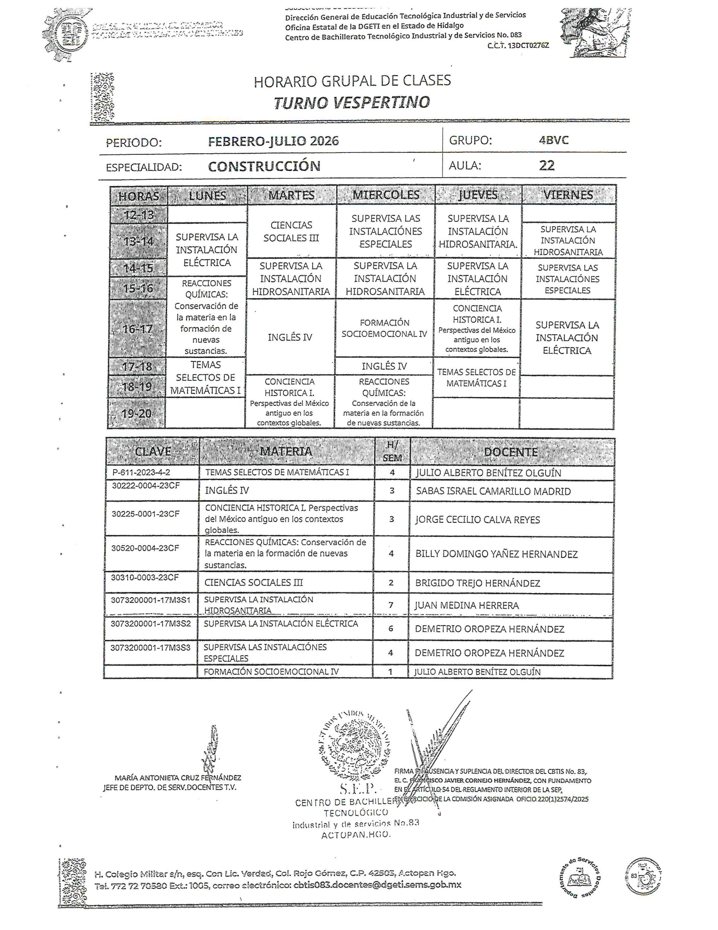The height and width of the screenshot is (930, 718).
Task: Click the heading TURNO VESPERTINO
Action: pos(351,102)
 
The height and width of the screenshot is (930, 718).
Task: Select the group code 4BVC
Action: pos(553,140)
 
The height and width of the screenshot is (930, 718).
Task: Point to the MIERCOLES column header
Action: pos(385,195)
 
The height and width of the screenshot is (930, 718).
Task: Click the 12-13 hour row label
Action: pos(139,215)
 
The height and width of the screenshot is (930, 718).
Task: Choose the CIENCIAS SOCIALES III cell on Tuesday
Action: pos(291,231)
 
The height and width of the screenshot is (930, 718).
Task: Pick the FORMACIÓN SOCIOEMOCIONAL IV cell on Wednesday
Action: pos(384,328)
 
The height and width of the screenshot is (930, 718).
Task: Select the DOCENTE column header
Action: pos(511,452)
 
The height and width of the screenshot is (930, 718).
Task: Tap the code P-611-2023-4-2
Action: pos(141,472)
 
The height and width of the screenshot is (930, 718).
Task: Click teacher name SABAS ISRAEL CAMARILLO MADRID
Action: pos(493,491)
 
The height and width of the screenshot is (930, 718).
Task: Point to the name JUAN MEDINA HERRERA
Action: pos(467,605)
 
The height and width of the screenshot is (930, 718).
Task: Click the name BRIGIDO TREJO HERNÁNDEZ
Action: pos(478,583)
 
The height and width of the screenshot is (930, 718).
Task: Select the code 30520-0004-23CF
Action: pos(145,548)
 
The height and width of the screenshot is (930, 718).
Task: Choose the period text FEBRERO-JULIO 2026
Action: pos(273,141)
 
